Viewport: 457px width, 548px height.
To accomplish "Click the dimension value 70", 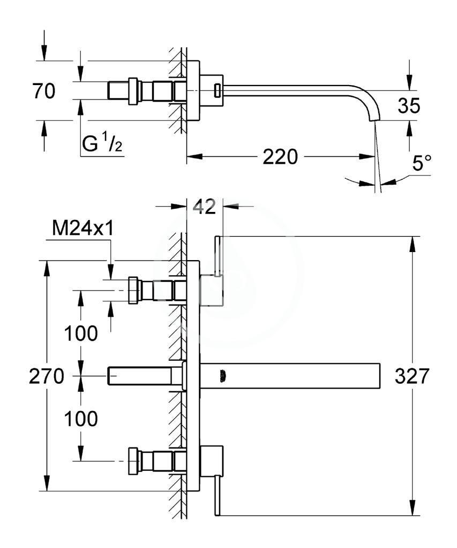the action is tap(44, 91).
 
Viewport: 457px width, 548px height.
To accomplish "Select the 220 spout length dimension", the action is tap(280, 157).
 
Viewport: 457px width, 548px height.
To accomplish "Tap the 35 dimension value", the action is tap(409, 105).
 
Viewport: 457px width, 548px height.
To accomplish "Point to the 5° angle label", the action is tap(422, 163).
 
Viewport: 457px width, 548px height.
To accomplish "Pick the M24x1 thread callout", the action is tap(83, 229).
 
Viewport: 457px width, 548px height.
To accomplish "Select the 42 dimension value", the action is tap(204, 207).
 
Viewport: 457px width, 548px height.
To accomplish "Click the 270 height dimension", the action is tap(47, 376).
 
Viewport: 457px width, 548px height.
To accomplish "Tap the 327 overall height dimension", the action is tap(412, 376).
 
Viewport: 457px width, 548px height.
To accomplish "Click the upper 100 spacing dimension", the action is tap(81, 333).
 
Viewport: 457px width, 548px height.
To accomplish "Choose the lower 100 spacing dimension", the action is tap(81, 418).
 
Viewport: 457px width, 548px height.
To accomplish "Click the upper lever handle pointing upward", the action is tap(217, 256).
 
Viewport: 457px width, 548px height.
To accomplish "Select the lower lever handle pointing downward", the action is tap(217, 496).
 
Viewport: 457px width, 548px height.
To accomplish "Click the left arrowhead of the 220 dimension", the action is tap(194, 157).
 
